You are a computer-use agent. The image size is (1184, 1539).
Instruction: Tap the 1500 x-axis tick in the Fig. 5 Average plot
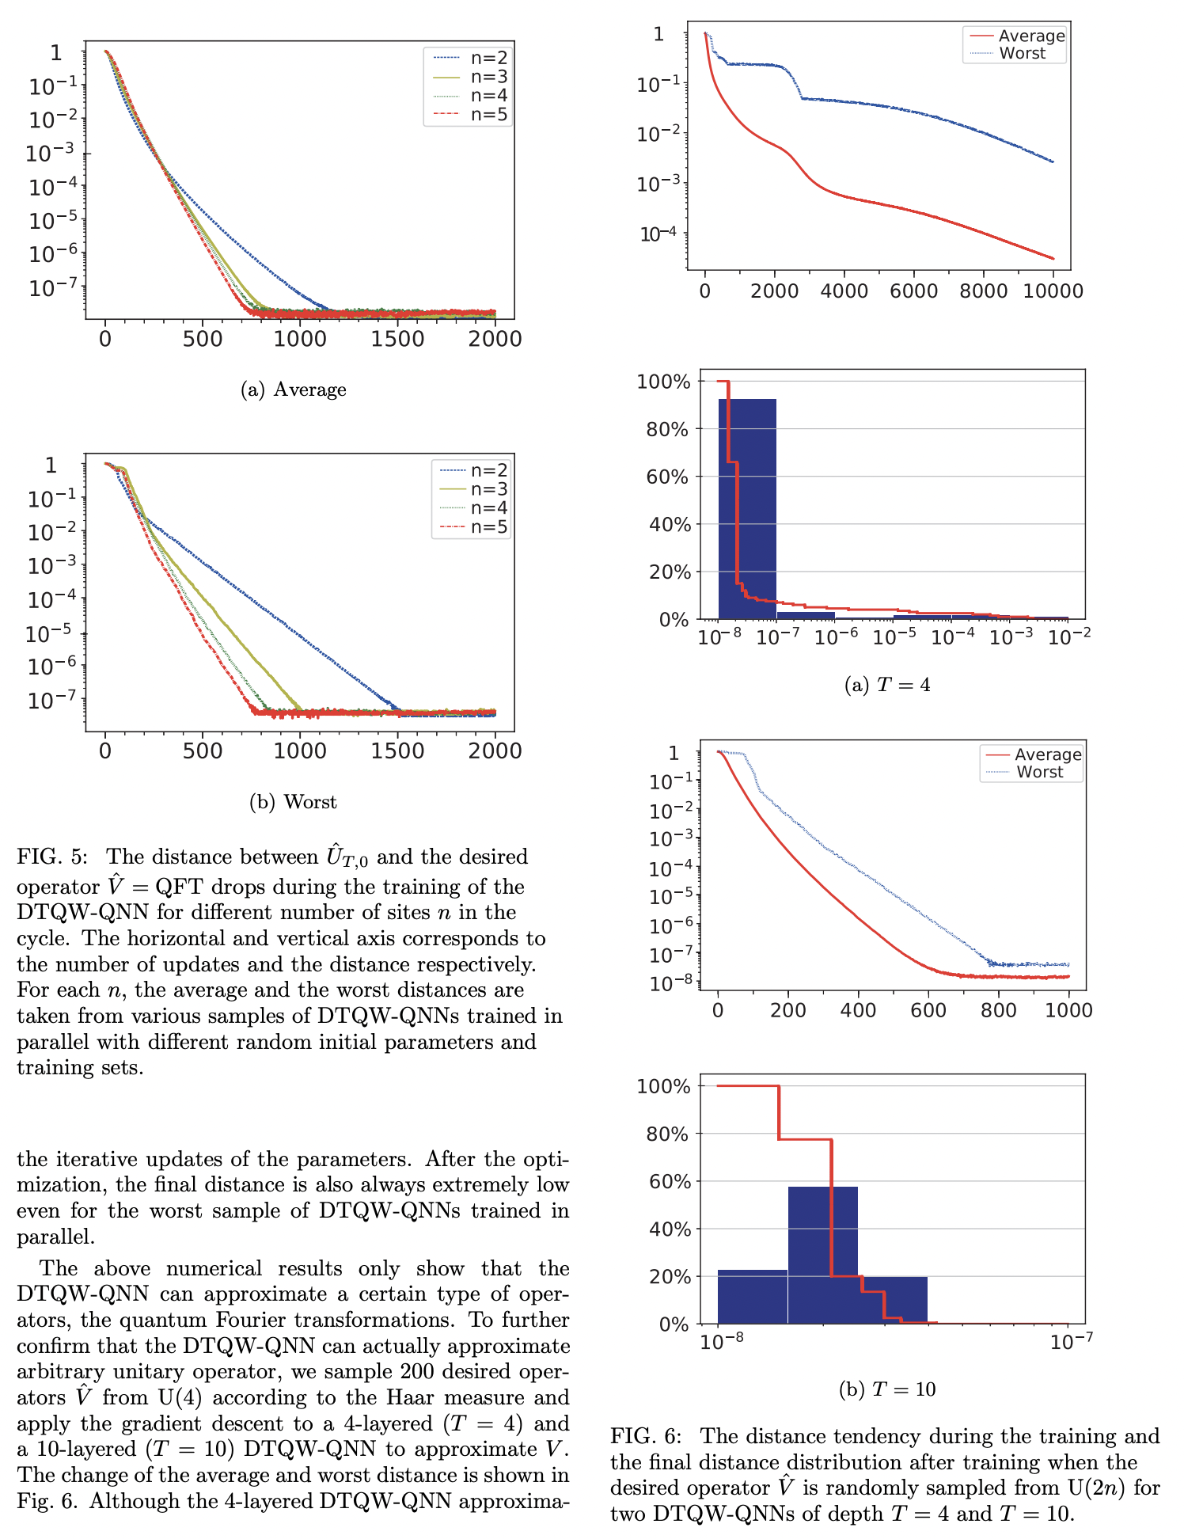coord(397,339)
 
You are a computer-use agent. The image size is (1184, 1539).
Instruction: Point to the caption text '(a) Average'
coord(294,389)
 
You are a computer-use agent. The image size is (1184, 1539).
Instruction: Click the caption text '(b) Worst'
coord(294,802)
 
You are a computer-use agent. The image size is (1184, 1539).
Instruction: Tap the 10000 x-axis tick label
coord(1053,291)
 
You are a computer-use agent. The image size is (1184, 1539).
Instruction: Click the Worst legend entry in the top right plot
coord(1022,54)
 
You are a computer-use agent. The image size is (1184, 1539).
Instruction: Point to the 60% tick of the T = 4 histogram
coord(670,477)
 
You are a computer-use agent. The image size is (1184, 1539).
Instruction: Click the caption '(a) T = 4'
coord(887,685)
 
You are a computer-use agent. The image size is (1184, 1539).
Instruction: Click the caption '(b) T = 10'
coord(887,1389)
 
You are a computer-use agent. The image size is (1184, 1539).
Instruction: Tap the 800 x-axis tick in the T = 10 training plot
coord(998,1010)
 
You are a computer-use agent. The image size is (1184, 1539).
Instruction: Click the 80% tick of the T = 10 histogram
coord(670,1134)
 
